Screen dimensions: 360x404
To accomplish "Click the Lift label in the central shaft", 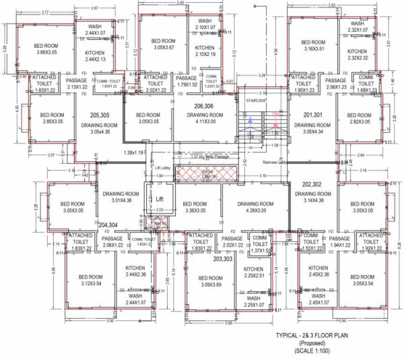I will tap(160, 200).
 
